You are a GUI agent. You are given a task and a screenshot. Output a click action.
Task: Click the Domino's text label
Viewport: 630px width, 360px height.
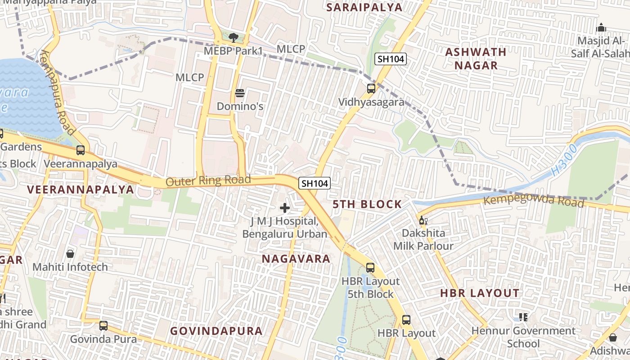pos(240,107)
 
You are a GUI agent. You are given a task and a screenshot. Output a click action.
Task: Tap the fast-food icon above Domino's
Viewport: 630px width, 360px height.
pos(240,93)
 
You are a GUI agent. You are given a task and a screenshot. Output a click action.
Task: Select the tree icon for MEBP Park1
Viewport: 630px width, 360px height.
pos(233,38)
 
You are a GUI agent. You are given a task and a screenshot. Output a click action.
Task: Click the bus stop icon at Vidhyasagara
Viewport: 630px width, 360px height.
pos(371,89)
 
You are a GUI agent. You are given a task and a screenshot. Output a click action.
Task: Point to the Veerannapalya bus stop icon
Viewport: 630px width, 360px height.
pos(81,150)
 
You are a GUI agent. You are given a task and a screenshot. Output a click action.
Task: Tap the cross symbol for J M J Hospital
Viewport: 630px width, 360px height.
pos(285,208)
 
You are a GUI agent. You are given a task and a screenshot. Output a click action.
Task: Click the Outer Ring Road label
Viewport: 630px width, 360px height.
pos(208,181)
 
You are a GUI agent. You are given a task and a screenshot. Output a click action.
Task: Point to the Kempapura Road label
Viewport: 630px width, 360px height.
pos(57,92)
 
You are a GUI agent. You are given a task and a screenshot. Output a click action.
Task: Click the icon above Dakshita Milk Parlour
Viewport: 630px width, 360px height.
pos(423,220)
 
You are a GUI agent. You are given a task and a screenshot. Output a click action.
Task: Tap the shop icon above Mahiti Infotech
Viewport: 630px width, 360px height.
pos(70,254)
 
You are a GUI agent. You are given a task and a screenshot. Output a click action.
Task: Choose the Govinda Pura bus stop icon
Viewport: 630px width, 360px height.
pos(103,325)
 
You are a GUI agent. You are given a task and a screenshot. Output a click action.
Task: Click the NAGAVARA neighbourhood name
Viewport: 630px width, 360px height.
pos(296,259)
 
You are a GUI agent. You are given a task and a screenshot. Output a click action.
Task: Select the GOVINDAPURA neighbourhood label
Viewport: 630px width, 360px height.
pos(216,331)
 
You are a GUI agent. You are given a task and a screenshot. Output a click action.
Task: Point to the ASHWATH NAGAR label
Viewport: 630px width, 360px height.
pos(476,58)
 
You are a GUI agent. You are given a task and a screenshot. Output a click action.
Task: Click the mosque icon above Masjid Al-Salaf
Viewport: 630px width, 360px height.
pos(601,28)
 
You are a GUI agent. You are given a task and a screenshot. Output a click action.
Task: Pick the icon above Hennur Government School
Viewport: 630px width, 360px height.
pos(523,317)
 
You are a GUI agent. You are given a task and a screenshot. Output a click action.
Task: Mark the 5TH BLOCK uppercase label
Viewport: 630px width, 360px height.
pos(367,204)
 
